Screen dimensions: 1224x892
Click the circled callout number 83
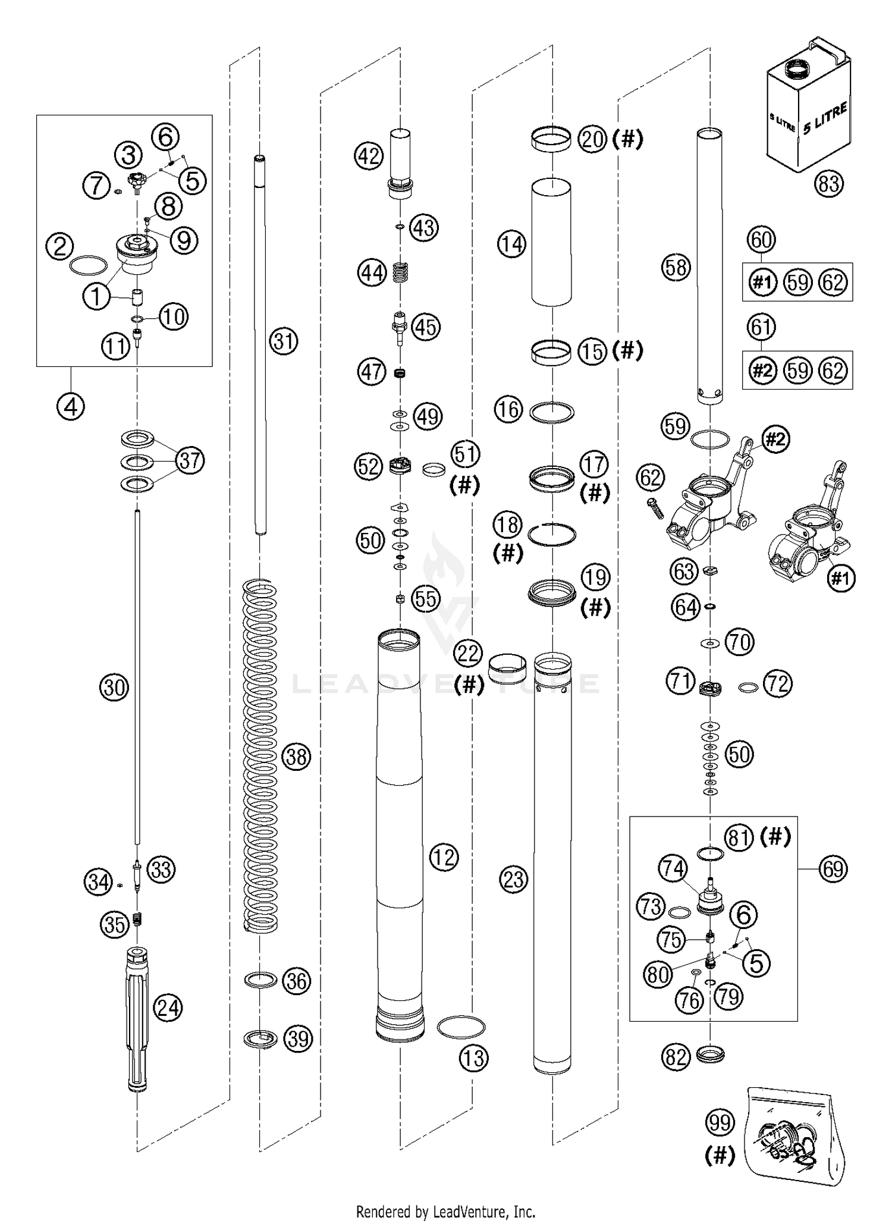pos(828,184)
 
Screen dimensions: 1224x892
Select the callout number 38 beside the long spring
pos(296,757)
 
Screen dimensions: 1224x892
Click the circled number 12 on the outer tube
pos(444,857)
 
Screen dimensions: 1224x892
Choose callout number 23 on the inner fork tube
pos(514,879)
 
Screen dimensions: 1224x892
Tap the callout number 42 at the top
pos(369,156)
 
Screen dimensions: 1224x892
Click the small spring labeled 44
pos(402,274)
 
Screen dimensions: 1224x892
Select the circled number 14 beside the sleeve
pos(512,244)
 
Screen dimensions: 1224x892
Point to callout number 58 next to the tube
pos(677,268)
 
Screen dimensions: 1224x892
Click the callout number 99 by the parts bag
pos(720,1123)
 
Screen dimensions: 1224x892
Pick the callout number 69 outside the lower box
pos(833,869)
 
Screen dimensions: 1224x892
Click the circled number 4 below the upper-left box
pos(71,407)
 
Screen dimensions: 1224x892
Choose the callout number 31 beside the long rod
pos(284,341)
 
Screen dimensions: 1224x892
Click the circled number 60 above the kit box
pos(762,240)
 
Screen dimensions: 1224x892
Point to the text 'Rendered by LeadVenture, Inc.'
pos(445,1210)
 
